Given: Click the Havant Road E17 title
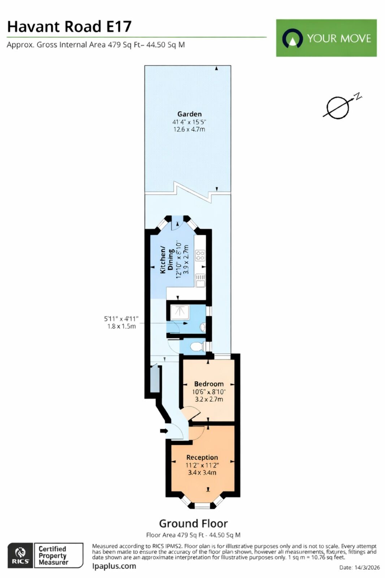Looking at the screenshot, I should [69, 27].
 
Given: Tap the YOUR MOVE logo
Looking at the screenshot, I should [326, 38].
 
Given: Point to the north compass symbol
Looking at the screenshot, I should [340, 107].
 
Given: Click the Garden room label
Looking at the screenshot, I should [189, 114].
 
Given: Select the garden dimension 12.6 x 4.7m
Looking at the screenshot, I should [189, 129].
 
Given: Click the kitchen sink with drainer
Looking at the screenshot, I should [200, 280].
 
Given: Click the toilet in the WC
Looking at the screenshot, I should [197, 347].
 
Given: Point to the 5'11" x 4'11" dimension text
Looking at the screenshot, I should [121, 319].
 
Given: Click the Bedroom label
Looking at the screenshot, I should [209, 384].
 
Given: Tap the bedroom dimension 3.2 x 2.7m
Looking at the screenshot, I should [209, 399].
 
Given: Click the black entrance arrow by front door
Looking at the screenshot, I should [164, 431].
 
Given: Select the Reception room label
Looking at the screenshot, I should [202, 457].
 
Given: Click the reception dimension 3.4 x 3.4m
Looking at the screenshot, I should [202, 473].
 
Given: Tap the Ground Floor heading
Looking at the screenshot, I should [193, 523].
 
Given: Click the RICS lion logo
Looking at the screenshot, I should [20, 555].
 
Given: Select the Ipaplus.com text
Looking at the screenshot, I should [114, 566].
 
